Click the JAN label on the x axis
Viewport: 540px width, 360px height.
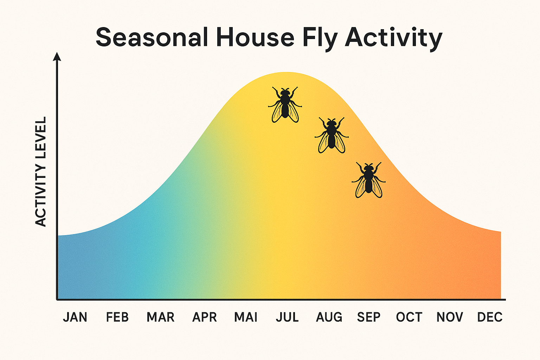pos(75,317)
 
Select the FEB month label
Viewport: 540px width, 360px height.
pos(117,317)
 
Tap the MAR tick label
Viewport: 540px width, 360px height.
pos(160,317)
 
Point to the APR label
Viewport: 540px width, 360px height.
pos(204,317)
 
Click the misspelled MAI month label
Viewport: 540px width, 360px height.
pos(246,317)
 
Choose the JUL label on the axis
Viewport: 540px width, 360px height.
pos(287,317)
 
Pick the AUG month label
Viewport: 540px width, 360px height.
pos(329,317)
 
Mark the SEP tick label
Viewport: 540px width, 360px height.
pos(369,317)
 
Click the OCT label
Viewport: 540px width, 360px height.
pos(409,317)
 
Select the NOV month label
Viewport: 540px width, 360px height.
pos(450,317)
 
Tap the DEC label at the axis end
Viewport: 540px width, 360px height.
pos(490,317)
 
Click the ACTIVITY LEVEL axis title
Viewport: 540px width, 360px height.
pos(41,172)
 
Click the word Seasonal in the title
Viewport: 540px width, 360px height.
pos(152,37)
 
